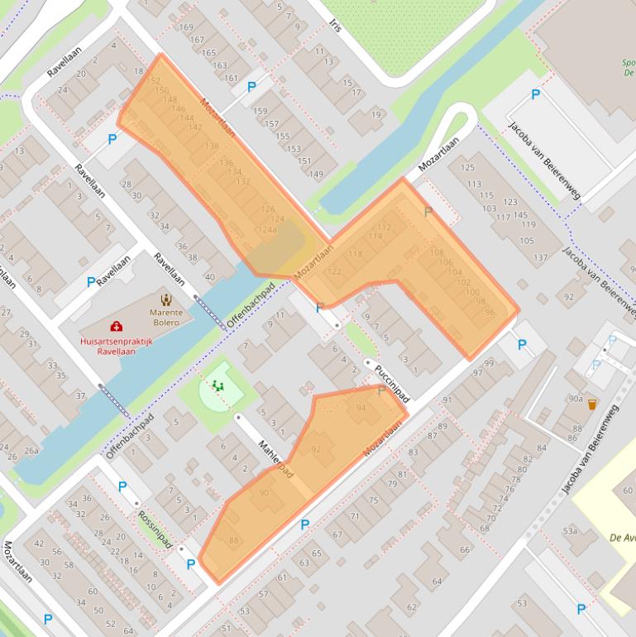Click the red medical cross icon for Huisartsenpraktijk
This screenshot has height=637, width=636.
pyautogui.click(x=116, y=327)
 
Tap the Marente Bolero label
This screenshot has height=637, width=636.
pyautogui.click(x=165, y=318)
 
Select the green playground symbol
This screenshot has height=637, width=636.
pyautogui.click(x=218, y=385)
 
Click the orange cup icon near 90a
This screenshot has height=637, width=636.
pyautogui.click(x=592, y=405)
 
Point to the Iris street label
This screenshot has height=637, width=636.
pyautogui.click(x=335, y=26)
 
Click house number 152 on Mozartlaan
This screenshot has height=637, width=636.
pyautogui.click(x=153, y=80)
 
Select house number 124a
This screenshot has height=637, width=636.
pyautogui.click(x=267, y=229)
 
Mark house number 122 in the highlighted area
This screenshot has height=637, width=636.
pyautogui.click(x=334, y=271)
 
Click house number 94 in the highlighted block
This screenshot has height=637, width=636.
pyautogui.click(x=361, y=409)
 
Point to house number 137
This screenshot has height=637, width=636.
pyautogui.click(x=541, y=258)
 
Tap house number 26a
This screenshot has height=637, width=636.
pyautogui.click(x=31, y=451)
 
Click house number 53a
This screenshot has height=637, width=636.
pyautogui.click(x=569, y=530)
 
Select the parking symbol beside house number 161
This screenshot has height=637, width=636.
pyautogui.click(x=251, y=86)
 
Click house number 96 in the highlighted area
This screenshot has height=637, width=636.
pyautogui.click(x=490, y=311)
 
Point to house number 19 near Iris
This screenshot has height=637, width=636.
pyautogui.click(x=376, y=115)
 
